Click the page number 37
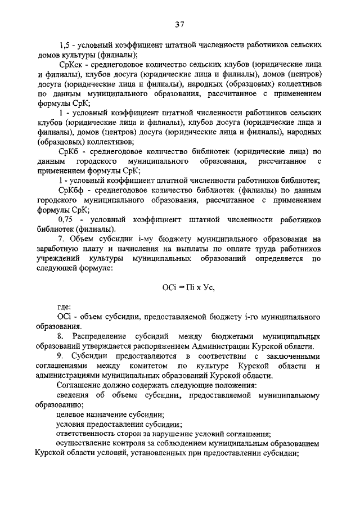[x=179, y=24]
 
